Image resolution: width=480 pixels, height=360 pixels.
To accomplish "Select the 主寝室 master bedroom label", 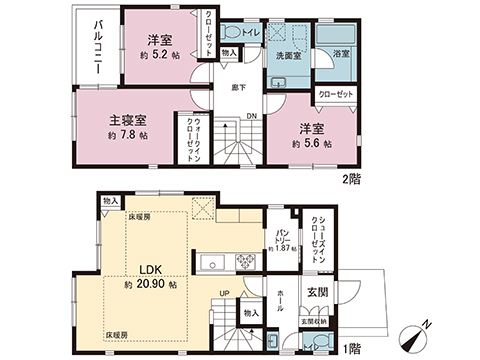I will coord(127,119).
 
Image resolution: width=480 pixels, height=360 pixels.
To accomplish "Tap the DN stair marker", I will coord(250,115).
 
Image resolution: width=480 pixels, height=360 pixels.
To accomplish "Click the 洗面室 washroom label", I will coord(289,57).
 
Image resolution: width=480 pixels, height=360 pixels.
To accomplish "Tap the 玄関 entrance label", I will coord(316,291).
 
